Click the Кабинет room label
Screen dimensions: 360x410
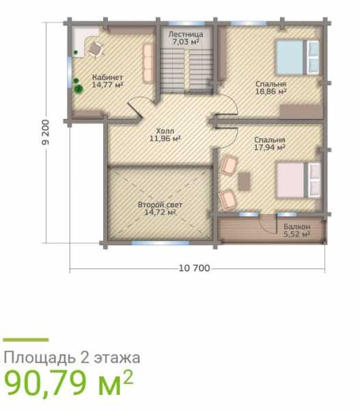(107, 77)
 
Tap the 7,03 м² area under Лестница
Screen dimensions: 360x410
(186, 41)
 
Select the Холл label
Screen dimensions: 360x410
(165, 131)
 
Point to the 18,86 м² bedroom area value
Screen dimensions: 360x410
(271, 92)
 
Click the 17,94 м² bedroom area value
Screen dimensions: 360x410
(270, 147)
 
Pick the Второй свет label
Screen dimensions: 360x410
(160, 204)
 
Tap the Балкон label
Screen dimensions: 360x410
(297, 226)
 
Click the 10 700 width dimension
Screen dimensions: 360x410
(194, 269)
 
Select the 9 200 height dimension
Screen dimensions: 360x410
(46, 133)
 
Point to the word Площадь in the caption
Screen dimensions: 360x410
(39, 358)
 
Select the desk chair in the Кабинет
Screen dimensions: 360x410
(95, 50)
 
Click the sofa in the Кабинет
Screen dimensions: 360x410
(148, 64)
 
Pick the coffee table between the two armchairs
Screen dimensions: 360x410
(244, 182)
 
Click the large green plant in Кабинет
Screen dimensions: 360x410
(79, 89)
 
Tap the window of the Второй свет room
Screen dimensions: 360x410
(161, 243)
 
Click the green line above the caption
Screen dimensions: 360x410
(26, 340)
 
